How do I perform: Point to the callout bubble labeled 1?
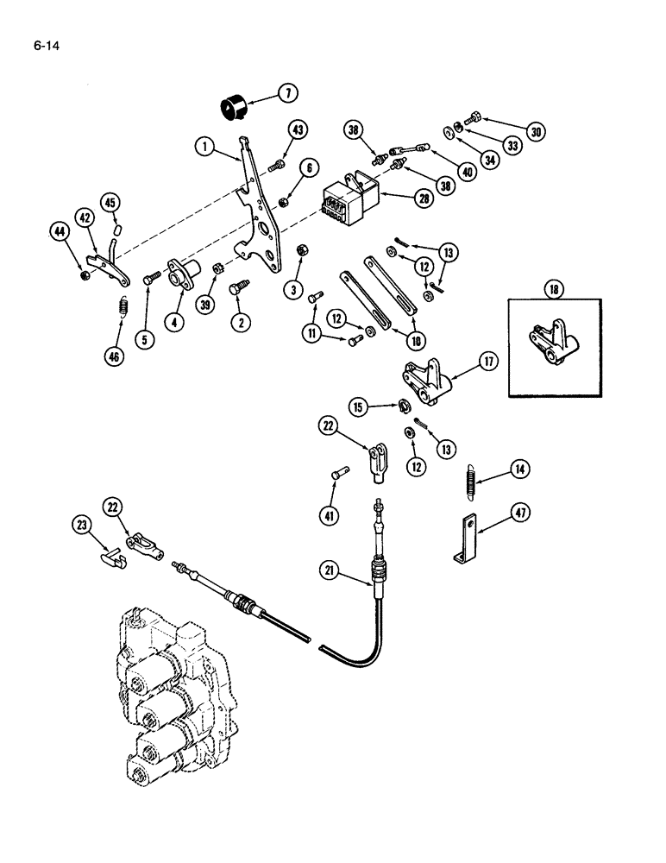tap(204, 147)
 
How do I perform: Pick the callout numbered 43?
tap(297, 130)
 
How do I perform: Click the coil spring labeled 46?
tap(122, 306)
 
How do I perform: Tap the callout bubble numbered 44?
tap(60, 231)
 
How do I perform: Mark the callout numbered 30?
tap(536, 132)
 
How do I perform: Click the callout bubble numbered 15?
tap(359, 405)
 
